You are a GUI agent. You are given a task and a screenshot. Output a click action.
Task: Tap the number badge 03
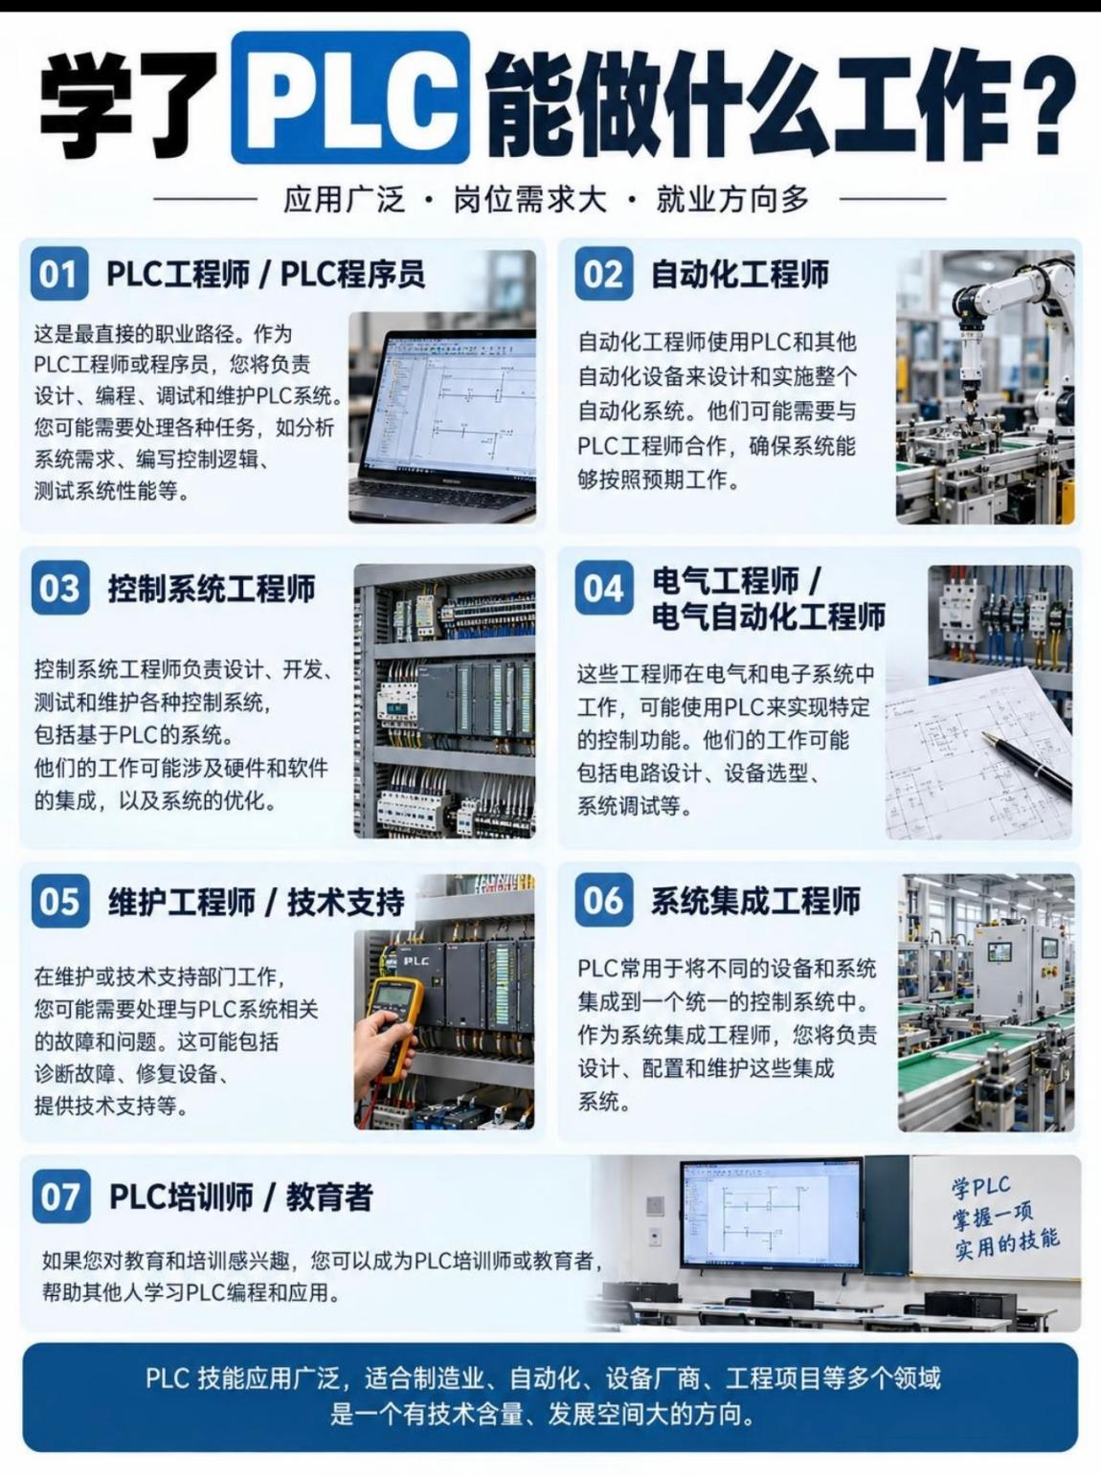pos(60,588)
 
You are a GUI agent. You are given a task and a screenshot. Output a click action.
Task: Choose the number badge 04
pos(604,588)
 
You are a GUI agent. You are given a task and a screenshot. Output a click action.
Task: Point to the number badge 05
pos(60,901)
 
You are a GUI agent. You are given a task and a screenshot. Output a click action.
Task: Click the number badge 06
pos(604,901)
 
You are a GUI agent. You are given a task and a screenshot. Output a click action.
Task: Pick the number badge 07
pos(61,1196)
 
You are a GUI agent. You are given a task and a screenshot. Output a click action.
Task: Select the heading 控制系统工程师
pos(212,589)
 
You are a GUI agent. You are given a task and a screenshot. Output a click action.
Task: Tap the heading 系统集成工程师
pos(755,901)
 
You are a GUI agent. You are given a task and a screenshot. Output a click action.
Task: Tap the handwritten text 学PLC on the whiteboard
pos(980,1188)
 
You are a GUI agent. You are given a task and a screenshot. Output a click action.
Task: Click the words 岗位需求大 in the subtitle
pos(529,199)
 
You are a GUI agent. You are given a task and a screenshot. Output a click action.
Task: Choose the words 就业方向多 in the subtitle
pos(732,199)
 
